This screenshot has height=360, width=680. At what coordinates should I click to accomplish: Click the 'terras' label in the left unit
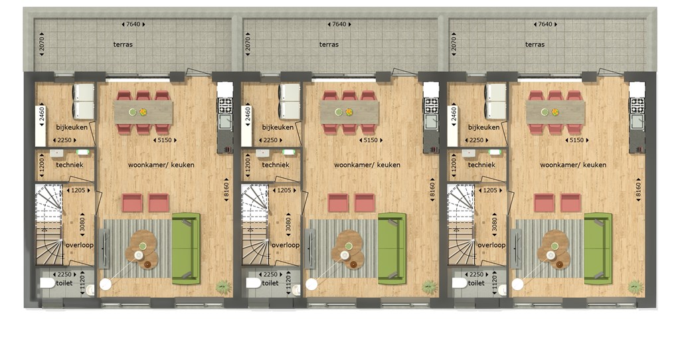point(123,45)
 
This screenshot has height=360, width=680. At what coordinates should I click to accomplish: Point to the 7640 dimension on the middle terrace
point(339,25)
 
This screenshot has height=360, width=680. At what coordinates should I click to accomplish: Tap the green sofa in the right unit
point(598,248)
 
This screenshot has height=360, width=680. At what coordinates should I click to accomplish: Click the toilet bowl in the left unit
point(47,283)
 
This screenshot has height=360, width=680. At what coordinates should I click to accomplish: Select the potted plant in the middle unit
point(430,287)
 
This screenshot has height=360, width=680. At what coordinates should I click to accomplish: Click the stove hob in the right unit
point(637,106)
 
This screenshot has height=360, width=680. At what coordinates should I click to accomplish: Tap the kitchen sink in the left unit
point(224,122)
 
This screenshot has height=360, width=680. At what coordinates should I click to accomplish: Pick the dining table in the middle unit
point(349,112)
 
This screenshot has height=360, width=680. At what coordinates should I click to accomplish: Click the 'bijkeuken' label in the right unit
point(483,128)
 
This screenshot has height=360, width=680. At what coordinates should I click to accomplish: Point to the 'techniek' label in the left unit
point(69,165)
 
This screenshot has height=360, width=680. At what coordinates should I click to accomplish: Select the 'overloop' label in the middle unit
point(286,245)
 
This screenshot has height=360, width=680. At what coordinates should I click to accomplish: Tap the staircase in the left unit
point(48,225)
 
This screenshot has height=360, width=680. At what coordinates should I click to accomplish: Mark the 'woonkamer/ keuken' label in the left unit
point(161,165)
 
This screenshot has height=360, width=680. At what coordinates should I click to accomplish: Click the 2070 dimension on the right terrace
point(454,45)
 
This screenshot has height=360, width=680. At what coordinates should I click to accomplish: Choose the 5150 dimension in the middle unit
point(371,140)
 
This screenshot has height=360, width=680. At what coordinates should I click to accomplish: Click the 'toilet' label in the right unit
point(476,283)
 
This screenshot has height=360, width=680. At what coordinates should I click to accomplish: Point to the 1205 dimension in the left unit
point(78,190)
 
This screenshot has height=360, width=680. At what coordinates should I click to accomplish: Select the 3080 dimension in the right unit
point(494,225)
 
